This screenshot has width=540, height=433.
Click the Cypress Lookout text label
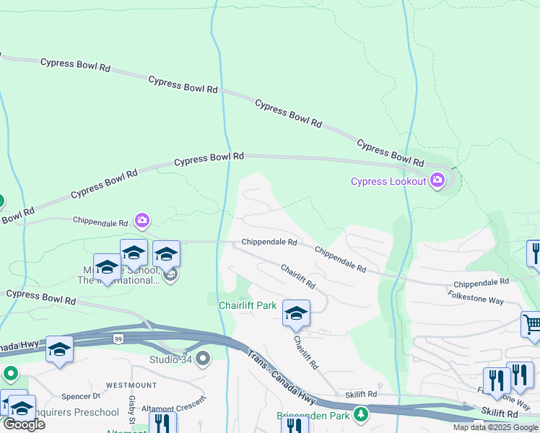(388, 181)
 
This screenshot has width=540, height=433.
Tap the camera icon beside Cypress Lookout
(437, 180)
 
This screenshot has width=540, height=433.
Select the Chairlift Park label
(248, 306)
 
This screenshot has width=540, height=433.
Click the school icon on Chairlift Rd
(296, 313)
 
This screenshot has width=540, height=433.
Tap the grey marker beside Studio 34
(203, 358)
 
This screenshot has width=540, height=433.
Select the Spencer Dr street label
(80, 397)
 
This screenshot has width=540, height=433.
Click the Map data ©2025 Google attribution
(495, 427)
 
